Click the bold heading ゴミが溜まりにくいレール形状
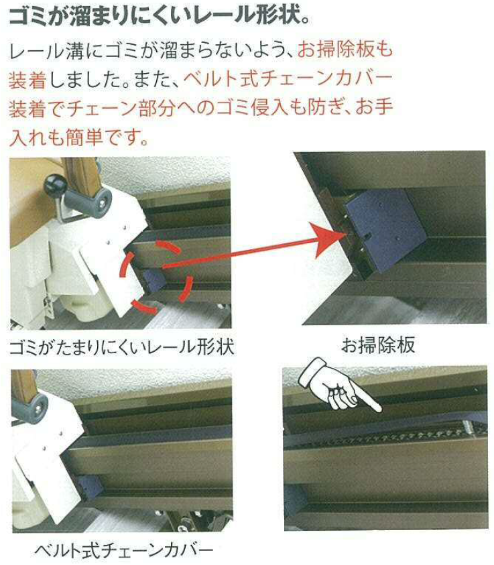click(x=159, y=16)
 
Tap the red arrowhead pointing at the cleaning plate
click(x=328, y=239)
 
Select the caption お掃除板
click(x=378, y=345)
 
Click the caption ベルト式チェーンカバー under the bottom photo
click(x=123, y=550)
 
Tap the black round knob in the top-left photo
click(x=55, y=185)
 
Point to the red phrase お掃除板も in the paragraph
click(x=345, y=50)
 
